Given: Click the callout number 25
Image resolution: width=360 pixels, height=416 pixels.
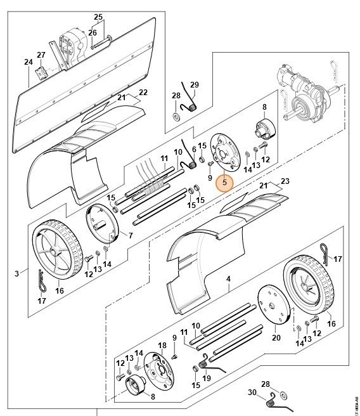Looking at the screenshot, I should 98,16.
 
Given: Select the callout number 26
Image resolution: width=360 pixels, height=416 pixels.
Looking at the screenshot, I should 93,33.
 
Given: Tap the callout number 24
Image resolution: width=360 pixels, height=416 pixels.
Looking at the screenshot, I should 28,62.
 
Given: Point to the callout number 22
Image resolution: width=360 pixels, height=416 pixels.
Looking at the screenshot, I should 143,93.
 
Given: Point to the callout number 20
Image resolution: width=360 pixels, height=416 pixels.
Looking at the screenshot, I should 276,339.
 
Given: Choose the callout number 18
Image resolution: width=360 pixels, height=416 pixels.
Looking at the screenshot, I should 162,346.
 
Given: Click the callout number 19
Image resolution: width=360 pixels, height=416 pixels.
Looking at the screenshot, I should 207,379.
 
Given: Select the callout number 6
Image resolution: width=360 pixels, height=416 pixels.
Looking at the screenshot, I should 194,148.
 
